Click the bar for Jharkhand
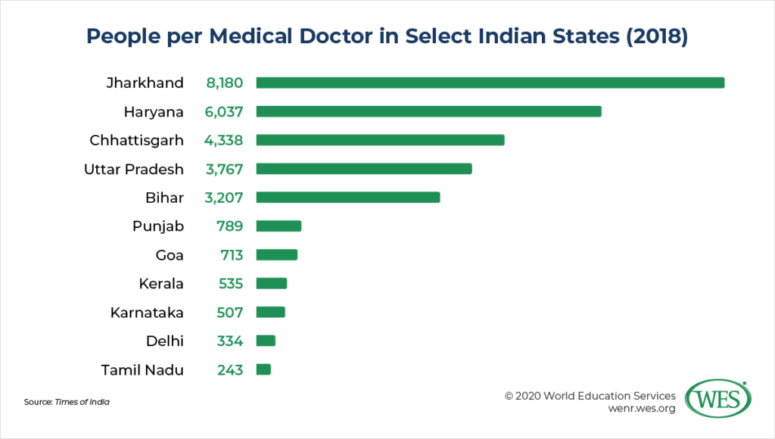pyautogui.click(x=490, y=83)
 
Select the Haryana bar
pyautogui.click(x=428, y=111)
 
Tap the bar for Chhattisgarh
pyautogui.click(x=380, y=140)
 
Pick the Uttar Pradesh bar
pyautogui.click(x=364, y=169)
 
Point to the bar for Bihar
pyautogui.click(x=348, y=198)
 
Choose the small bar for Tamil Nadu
pyautogui.click(x=263, y=369)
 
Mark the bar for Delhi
pyautogui.click(x=266, y=341)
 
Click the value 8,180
pyautogui.click(x=224, y=83)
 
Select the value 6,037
pyautogui.click(x=224, y=111)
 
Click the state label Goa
pyautogui.click(x=170, y=255)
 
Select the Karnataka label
pyautogui.click(x=147, y=313)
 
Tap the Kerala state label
pyautogui.click(x=161, y=284)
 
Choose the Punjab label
pyautogui.click(x=157, y=226)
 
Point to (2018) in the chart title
pyautogui.click(x=653, y=37)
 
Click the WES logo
pyautogui.click(x=717, y=399)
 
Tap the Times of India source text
pyautogui.click(x=82, y=402)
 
